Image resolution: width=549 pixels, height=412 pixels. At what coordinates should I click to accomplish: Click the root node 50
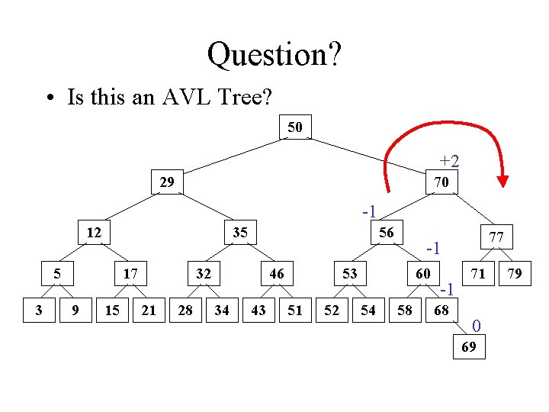click(x=294, y=127)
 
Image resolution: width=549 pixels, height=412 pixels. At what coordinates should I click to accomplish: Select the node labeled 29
click(x=166, y=182)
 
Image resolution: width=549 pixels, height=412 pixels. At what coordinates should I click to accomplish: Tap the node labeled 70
click(x=441, y=182)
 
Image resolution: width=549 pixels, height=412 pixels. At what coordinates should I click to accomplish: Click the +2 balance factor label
click(x=449, y=161)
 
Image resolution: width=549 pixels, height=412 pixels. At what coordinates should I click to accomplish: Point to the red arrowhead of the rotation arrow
click(x=502, y=181)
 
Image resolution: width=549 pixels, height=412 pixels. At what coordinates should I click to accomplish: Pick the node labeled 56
click(x=387, y=232)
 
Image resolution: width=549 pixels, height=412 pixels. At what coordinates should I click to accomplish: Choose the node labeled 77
click(x=496, y=237)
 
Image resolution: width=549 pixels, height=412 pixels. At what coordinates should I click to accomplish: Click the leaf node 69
click(x=469, y=347)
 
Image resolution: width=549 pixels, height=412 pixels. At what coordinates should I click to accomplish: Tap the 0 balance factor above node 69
click(x=476, y=326)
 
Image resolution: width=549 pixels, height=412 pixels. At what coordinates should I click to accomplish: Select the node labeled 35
click(x=239, y=232)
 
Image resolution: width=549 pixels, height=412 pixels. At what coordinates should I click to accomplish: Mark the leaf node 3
click(x=38, y=310)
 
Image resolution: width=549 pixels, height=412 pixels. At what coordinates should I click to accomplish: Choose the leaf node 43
click(x=258, y=310)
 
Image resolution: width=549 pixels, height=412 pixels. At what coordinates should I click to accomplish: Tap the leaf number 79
click(x=515, y=273)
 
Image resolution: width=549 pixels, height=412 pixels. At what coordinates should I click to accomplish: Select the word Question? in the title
click(x=274, y=54)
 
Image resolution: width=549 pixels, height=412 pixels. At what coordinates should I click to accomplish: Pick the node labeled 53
click(x=349, y=273)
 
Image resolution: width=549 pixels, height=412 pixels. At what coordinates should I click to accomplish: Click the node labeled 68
click(x=441, y=310)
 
